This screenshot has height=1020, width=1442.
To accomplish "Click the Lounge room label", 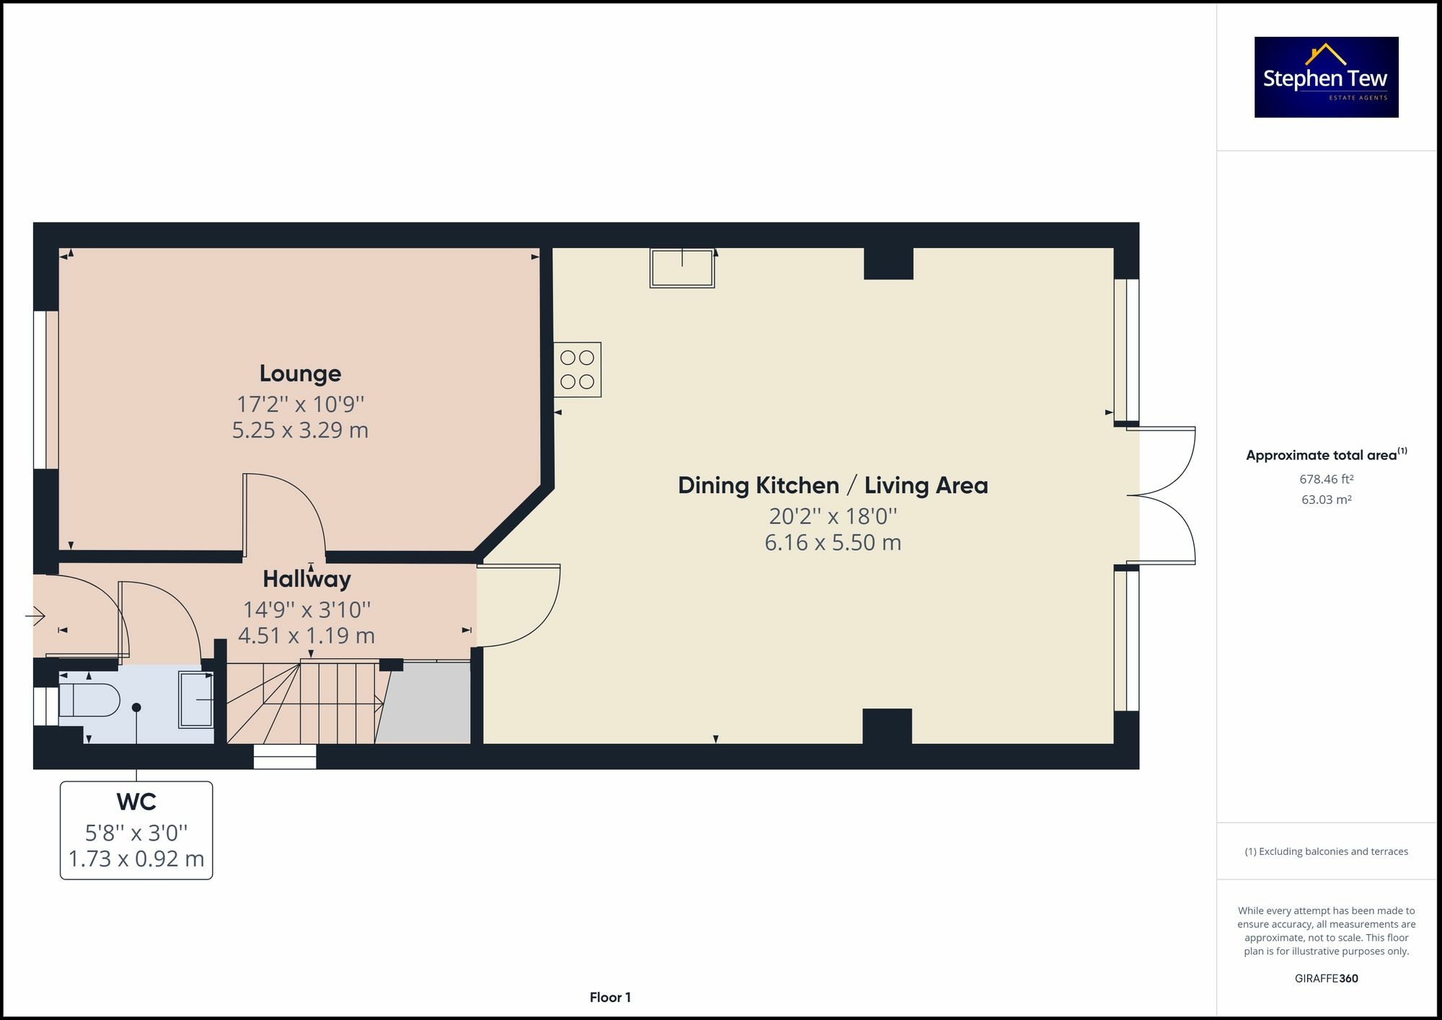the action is [x=300, y=373].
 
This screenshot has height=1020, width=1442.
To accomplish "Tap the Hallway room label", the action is [x=306, y=579].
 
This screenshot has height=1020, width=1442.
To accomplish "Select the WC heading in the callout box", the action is [x=136, y=802].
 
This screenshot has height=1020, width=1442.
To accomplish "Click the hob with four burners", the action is [x=578, y=369].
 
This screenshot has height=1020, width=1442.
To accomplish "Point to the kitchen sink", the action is [x=682, y=268].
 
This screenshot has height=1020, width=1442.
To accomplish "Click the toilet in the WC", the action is [x=89, y=700].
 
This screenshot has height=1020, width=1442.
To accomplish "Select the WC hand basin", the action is [x=196, y=700].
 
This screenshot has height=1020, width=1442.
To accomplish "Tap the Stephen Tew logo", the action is [x=1327, y=77].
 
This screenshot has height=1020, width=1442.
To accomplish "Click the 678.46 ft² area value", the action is [x=1327, y=479].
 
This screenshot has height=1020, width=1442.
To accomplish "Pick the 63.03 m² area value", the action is [x=1327, y=500].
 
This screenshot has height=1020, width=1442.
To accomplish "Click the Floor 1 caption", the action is [x=610, y=998].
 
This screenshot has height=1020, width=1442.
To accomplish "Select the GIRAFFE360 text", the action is [x=1327, y=978].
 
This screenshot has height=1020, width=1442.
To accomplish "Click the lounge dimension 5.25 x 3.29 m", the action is [x=300, y=430].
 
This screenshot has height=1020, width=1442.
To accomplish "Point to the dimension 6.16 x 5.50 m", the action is [x=833, y=543].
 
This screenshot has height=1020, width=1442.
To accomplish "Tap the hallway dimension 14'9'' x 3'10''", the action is [x=306, y=610].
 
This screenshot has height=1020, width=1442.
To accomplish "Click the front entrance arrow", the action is [x=35, y=616].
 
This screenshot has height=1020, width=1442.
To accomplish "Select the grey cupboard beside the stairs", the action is [x=423, y=702].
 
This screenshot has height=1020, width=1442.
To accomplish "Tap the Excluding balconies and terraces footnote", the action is [x=1327, y=851].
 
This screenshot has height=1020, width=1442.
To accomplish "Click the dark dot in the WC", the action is [x=136, y=708].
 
